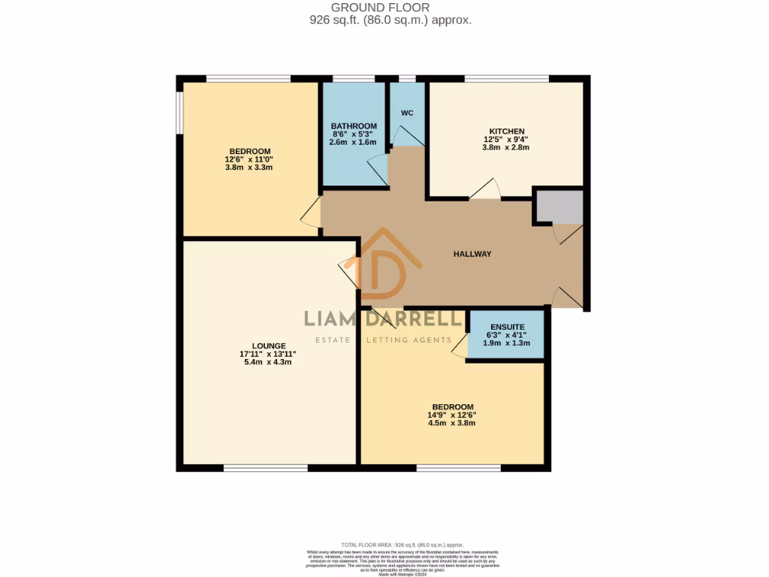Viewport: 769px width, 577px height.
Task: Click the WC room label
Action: (x=407, y=113)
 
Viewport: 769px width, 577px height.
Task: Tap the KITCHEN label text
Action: (x=506, y=131)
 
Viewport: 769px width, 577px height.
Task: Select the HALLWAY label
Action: (x=472, y=254)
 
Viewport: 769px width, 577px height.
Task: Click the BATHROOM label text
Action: (x=354, y=126)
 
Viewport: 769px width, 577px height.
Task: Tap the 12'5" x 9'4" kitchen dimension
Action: (x=506, y=140)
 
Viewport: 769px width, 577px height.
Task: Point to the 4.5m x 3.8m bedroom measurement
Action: (x=452, y=423)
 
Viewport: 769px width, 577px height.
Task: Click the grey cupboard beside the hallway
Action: (x=559, y=207)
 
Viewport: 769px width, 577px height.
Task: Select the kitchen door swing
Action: (x=486, y=189)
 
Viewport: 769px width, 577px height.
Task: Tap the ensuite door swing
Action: (x=459, y=346)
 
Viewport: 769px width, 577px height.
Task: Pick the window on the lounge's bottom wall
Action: (x=265, y=468)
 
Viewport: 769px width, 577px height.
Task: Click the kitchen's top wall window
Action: (x=506, y=78)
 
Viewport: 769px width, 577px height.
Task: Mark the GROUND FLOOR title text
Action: (x=391, y=8)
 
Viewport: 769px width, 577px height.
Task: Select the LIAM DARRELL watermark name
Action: (x=383, y=319)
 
